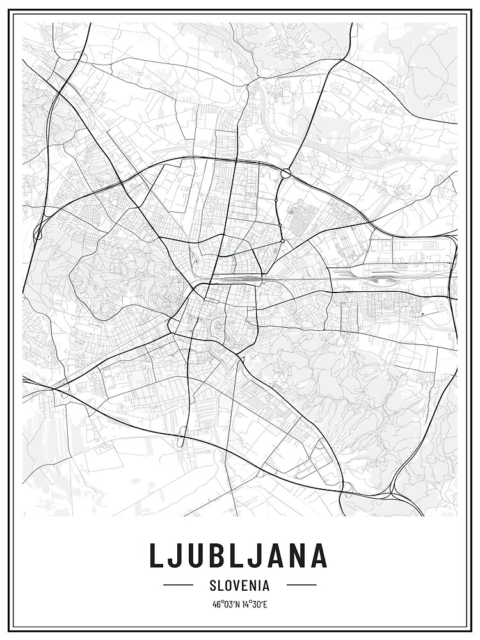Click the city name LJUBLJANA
[239, 556]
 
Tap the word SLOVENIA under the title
[239, 585]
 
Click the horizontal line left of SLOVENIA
[178, 585]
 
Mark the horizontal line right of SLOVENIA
[301, 585]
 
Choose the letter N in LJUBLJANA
[294, 556]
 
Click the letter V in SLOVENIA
[236, 585]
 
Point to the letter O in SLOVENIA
[227, 585]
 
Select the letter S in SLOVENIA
[212, 585]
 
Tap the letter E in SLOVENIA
[244, 585]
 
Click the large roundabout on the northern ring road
[285, 173]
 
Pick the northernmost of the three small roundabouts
[276, 200]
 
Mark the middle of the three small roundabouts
[280, 225]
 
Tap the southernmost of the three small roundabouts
[282, 241]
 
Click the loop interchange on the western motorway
[38, 234]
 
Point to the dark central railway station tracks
[237, 279]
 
